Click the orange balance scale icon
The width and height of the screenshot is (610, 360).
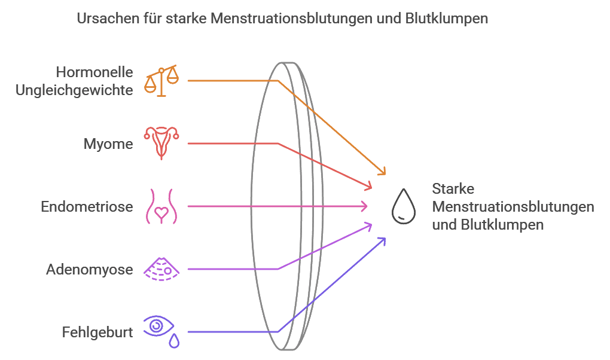coord(161,80)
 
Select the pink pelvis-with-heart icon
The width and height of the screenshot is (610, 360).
coord(161,206)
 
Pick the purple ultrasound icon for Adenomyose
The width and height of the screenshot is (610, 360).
coord(161,269)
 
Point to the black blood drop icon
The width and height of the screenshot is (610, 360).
coord(402,206)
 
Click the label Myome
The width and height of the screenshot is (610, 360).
coord(108,144)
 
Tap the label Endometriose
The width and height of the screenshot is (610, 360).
coord(87,207)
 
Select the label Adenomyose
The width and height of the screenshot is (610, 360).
coord(90,270)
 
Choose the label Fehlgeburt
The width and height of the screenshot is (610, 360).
coord(97,332)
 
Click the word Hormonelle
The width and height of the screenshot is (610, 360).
coord(94,72)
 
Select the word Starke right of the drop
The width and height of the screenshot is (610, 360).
coord(453,189)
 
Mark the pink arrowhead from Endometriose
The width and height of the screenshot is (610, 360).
coord(364,206)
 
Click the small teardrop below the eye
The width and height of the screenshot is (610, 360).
coord(174,341)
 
